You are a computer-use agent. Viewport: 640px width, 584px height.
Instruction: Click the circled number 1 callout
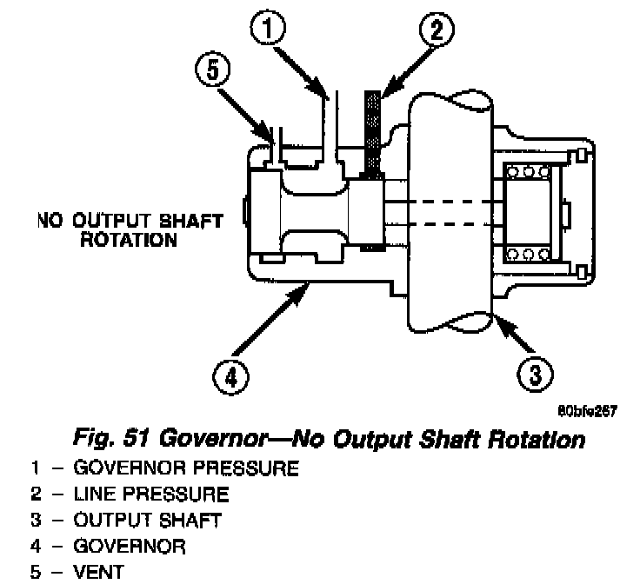point(267,28)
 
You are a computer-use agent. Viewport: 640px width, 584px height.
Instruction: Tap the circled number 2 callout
point(437,29)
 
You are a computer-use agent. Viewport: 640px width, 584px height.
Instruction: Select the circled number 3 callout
point(535,374)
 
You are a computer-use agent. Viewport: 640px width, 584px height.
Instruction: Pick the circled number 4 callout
point(230,377)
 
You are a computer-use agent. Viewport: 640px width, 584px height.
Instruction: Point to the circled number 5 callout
point(213,69)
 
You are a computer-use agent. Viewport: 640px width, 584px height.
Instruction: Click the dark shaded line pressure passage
point(372,135)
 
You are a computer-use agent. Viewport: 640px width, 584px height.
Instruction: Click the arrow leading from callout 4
point(270,320)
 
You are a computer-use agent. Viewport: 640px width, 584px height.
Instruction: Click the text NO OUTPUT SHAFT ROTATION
point(130,230)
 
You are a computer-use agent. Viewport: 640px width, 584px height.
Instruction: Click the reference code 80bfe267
point(587,411)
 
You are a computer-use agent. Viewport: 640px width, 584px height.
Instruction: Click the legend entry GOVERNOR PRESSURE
point(186,468)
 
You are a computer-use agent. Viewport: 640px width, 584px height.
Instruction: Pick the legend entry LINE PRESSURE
point(151,494)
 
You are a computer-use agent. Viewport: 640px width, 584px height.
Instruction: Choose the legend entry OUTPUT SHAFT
point(147,520)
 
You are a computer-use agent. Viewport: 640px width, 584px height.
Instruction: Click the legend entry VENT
point(98,572)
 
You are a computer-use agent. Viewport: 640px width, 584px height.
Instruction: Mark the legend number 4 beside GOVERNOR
point(36,547)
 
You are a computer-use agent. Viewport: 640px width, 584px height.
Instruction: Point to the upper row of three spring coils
point(528,172)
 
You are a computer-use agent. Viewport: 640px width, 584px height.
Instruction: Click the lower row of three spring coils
point(528,255)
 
